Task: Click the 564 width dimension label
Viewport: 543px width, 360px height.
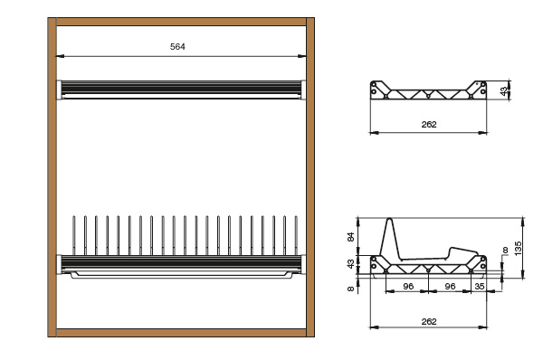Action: (177, 47)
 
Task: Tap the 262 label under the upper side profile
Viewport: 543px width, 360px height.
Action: (429, 124)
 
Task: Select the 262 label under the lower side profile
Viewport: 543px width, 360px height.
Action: (429, 322)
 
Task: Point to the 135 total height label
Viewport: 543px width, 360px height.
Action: (518, 249)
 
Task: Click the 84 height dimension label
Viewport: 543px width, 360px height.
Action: (351, 237)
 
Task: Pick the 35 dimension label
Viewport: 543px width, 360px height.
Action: (480, 286)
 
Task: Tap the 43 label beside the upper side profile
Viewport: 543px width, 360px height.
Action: (505, 90)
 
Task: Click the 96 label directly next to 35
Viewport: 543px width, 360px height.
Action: (450, 286)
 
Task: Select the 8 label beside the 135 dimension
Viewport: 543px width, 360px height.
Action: (505, 250)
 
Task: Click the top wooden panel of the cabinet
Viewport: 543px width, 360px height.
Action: (181, 22)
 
